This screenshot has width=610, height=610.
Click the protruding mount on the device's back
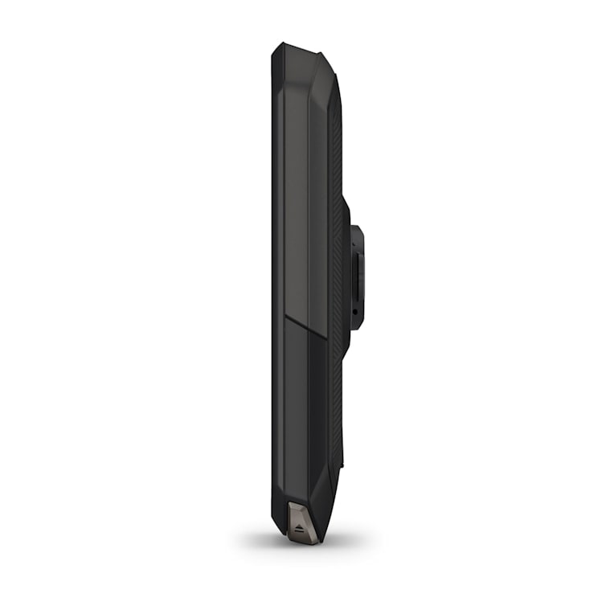pyautogui.click(x=355, y=277)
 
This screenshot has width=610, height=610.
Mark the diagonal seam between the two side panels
pyautogui.click(x=305, y=325)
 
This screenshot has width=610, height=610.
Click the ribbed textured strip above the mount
pyautogui.click(x=336, y=145)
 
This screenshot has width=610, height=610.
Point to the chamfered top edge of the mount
pyautogui.click(x=356, y=230)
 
